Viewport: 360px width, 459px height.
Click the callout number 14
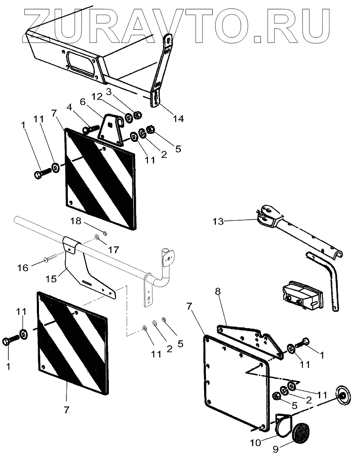click(178, 119)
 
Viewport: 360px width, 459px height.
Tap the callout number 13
click(218, 221)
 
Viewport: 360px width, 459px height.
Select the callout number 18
click(75, 221)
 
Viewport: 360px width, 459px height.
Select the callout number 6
click(82, 102)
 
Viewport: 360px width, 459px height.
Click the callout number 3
click(109, 91)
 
